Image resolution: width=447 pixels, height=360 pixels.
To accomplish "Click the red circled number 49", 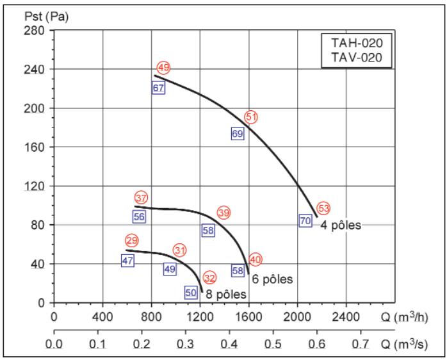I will pyautogui.click(x=163, y=68).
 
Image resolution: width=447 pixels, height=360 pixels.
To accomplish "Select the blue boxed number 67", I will pyautogui.click(x=159, y=88).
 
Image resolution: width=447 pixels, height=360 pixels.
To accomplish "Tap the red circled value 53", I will pyautogui.click(x=323, y=208).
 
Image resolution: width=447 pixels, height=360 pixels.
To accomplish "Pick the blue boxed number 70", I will pyautogui.click(x=305, y=220).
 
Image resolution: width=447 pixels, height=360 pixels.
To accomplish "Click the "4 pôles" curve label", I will pyautogui.click(x=341, y=225).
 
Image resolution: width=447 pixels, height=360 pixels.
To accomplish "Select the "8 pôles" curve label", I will pyautogui.click(x=226, y=294).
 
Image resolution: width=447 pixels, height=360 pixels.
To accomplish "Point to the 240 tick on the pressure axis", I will pyautogui.click(x=37, y=69).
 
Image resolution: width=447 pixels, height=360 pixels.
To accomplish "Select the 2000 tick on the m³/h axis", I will pyautogui.click(x=298, y=316).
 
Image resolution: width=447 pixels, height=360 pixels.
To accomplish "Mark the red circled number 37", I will pyautogui.click(x=141, y=197).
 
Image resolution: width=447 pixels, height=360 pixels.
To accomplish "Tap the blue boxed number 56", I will pyautogui.click(x=139, y=217).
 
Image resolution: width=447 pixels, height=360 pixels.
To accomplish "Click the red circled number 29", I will pyautogui.click(x=131, y=241).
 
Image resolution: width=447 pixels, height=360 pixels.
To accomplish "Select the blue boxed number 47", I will pyautogui.click(x=127, y=261).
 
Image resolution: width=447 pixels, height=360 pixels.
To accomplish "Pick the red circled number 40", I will pyautogui.click(x=256, y=259).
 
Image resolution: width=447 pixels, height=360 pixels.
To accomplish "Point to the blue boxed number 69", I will pyautogui.click(x=238, y=134).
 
